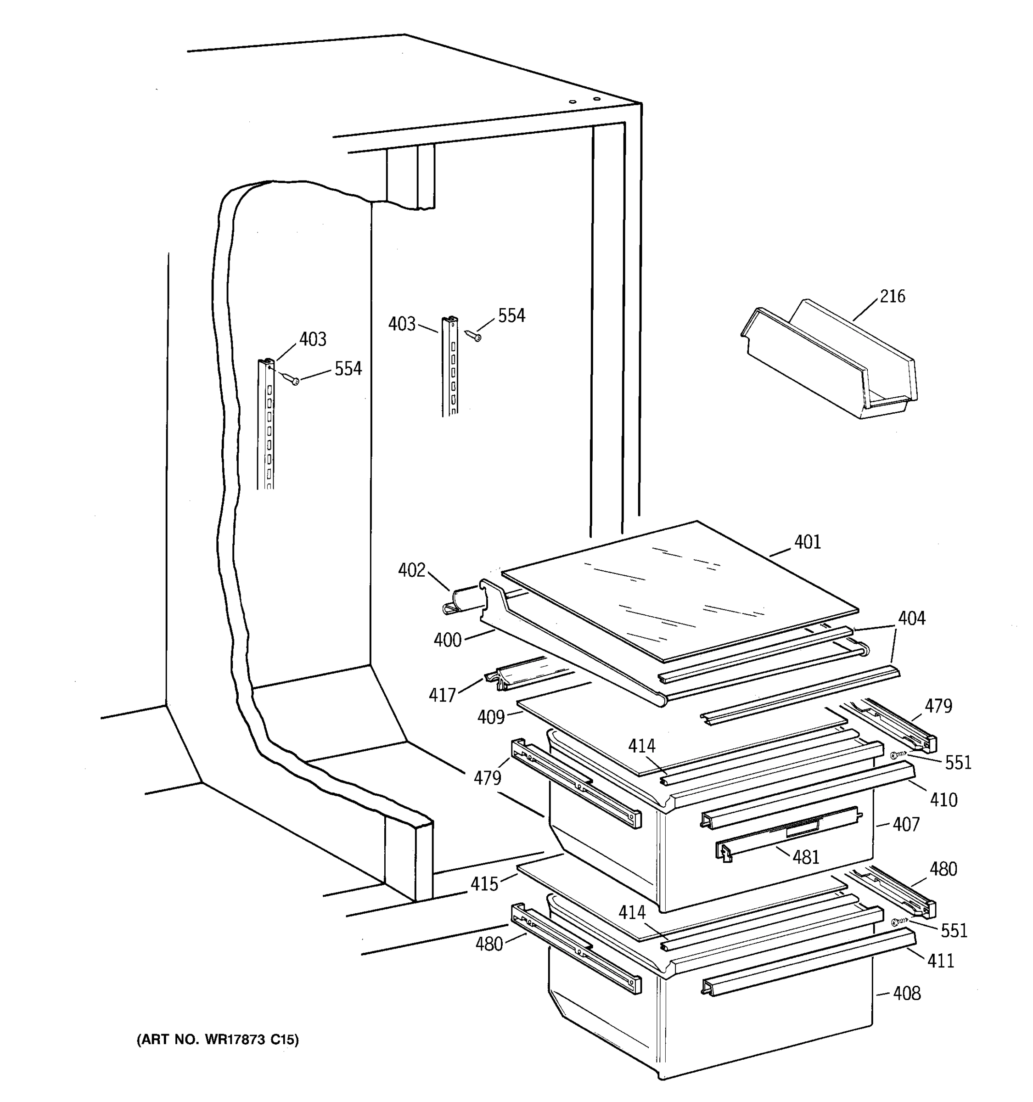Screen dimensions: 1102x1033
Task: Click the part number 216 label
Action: [893, 297]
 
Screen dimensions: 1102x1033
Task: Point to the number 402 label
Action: [412, 570]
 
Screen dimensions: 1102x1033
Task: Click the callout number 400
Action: [447, 640]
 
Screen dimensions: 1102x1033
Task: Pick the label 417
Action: [442, 695]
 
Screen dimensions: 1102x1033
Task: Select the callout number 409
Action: [491, 717]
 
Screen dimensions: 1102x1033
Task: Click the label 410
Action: [943, 799]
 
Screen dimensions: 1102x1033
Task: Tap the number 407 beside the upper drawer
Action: [906, 824]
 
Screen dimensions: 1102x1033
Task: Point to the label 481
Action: [806, 858]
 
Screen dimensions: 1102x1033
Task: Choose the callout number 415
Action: [484, 883]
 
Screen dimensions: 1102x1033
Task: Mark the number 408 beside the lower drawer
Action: [907, 993]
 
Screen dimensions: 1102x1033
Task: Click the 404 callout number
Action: [912, 618]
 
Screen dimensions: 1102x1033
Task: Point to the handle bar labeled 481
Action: [787, 837]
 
